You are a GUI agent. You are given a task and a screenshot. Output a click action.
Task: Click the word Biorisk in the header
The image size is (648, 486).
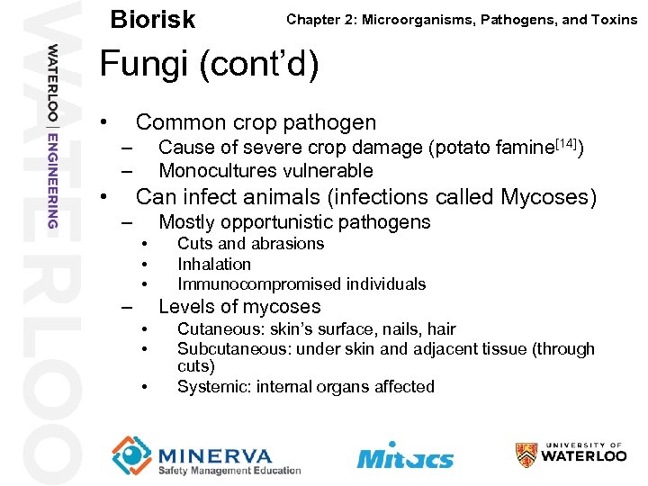[151, 19]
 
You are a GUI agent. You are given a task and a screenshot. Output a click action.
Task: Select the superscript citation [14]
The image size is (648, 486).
[563, 141]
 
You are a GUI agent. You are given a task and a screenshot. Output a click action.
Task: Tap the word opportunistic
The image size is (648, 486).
[277, 222]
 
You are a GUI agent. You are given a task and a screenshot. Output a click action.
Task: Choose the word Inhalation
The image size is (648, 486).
[214, 264]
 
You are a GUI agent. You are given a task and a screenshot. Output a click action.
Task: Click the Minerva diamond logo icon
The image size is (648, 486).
[131, 454]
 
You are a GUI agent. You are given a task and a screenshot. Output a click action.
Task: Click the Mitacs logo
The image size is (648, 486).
[405, 456]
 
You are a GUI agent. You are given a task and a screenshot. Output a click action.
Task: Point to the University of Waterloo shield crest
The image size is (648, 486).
[526, 455]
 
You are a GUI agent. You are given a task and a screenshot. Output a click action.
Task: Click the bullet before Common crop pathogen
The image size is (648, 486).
[105, 122]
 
